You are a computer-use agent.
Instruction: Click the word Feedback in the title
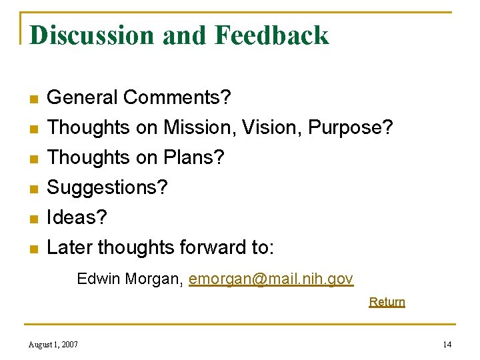click(271, 35)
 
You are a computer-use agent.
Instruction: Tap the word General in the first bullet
click(83, 98)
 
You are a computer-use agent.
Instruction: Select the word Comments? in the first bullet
click(178, 98)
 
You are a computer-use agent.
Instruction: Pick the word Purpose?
click(351, 128)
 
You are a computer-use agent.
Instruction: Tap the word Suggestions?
click(107, 189)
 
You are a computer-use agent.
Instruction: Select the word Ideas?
click(77, 218)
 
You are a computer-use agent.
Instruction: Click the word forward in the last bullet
click(215, 248)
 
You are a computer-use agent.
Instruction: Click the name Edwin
click(97, 279)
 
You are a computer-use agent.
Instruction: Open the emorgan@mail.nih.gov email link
click(271, 279)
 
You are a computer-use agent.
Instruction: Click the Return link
click(387, 302)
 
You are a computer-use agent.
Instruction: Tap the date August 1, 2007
click(53, 344)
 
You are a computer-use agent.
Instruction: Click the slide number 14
click(447, 344)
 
